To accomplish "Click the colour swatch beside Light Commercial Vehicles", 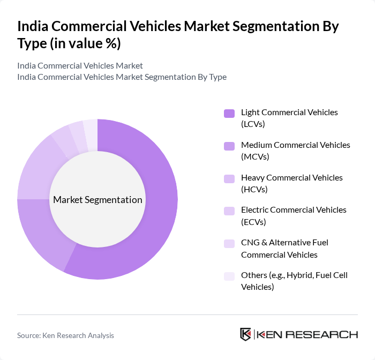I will [x=229, y=113].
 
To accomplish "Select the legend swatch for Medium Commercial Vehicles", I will [x=229, y=146].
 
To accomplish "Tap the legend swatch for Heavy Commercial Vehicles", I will [x=229, y=178].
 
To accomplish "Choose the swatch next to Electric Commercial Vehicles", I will [x=229, y=211].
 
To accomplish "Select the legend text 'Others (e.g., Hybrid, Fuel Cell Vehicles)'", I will [x=294, y=281].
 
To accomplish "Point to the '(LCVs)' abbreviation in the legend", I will [x=253, y=124].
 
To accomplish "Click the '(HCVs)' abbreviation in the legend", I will [x=254, y=189].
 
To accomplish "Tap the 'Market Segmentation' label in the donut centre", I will [x=97, y=200].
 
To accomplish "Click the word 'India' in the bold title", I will [x=35, y=27].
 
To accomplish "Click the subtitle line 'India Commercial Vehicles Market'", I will [x=80, y=65].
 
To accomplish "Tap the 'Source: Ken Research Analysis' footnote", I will [x=65, y=335].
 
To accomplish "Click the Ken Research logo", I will [x=298, y=334].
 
